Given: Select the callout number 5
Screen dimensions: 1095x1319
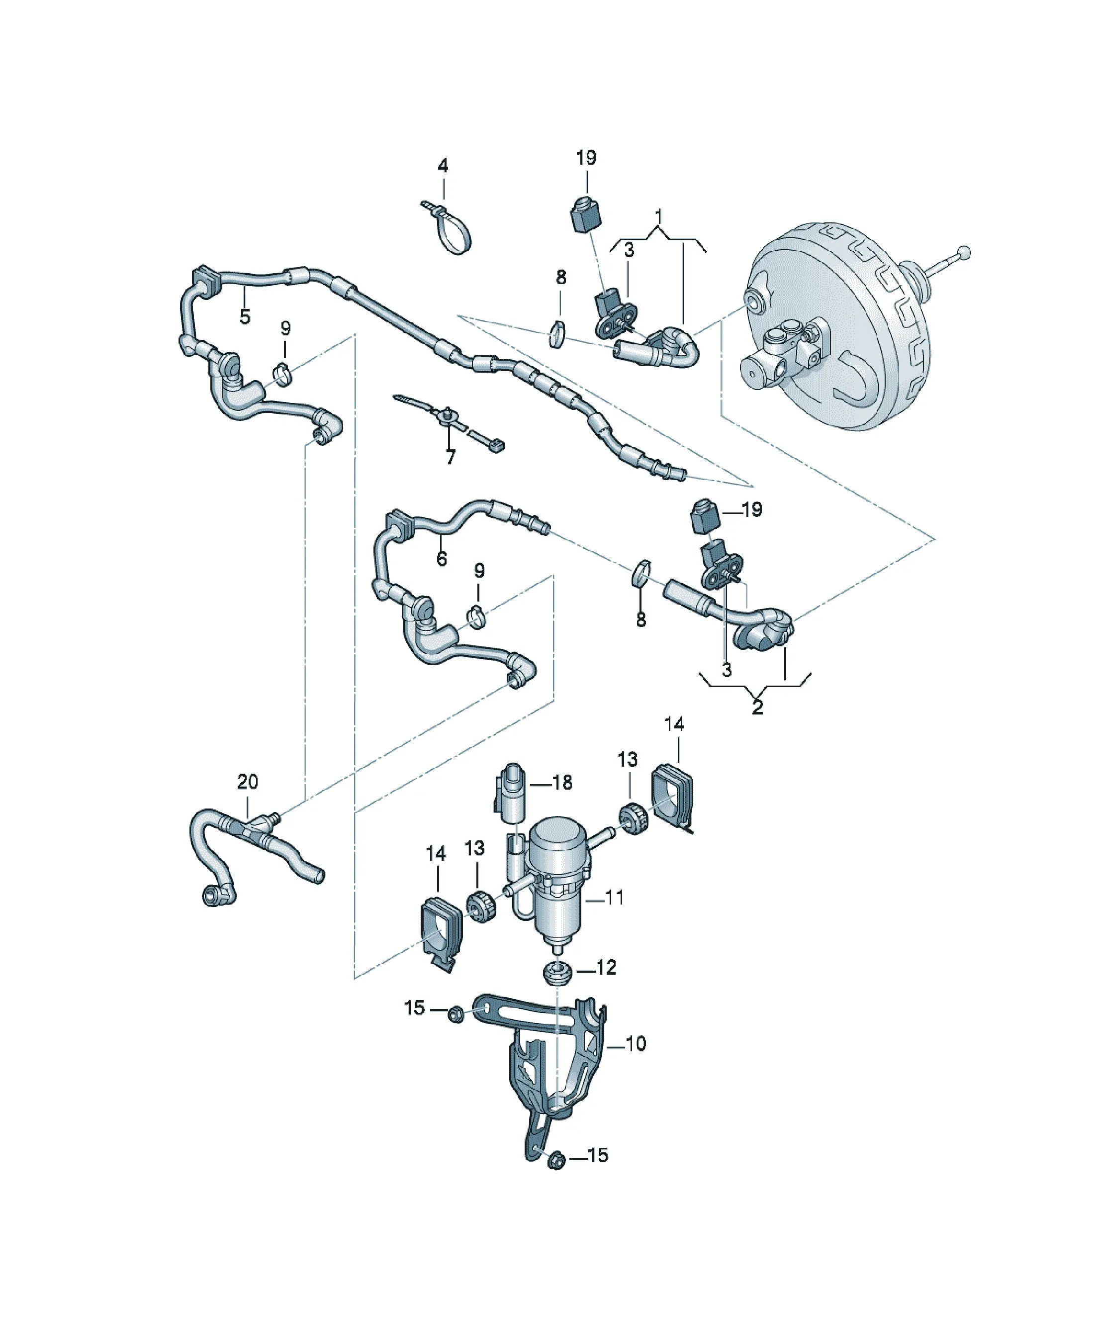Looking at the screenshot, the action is tap(245, 316).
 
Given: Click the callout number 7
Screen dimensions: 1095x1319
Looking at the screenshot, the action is tap(450, 457).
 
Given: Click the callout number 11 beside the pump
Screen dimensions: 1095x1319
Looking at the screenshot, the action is tap(614, 898).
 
